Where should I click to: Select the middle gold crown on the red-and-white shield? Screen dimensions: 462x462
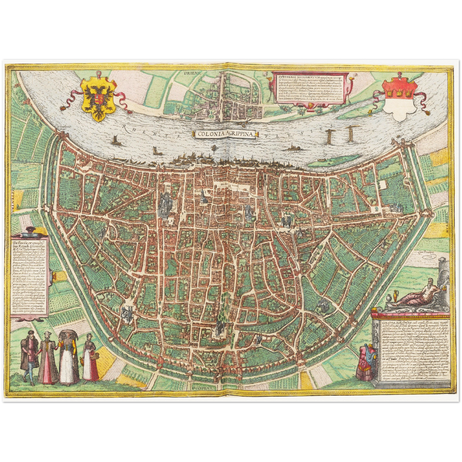point(400,93)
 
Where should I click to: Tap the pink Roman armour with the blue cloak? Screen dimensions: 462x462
point(365,362)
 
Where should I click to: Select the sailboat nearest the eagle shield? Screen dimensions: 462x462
point(114,140)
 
